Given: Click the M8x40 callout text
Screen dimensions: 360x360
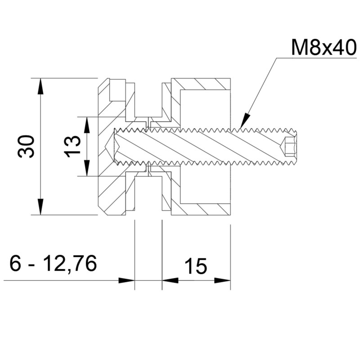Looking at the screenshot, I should (324, 47).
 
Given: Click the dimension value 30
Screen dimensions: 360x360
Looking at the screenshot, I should (26, 146).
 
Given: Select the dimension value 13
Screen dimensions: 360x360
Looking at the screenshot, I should (73, 146).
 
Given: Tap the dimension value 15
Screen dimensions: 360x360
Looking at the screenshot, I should (196, 266).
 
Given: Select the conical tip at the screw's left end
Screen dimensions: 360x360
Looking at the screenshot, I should (109, 146).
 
